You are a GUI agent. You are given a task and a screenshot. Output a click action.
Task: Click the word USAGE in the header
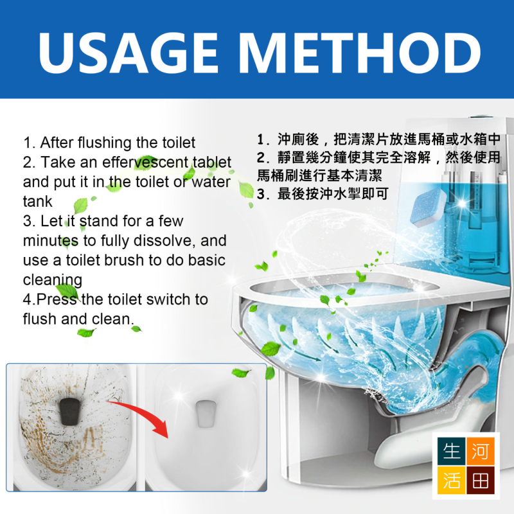point(128,53)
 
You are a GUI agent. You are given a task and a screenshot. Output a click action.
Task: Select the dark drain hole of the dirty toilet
point(70,411)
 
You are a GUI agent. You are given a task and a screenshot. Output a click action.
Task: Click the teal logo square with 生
point(451,451)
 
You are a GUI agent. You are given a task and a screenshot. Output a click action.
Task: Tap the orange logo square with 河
point(480,451)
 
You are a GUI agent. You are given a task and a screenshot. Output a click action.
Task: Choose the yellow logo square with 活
point(451,480)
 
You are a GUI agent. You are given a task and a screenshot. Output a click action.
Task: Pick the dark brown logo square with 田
point(480,480)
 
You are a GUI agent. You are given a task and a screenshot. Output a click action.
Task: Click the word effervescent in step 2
point(146,162)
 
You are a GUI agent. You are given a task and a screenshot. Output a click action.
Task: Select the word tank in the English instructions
point(37,201)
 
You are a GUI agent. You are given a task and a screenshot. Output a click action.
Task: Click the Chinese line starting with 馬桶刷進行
point(319,175)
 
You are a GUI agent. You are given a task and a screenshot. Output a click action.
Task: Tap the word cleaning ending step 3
point(53,280)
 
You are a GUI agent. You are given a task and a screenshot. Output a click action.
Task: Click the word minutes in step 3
point(51,240)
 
